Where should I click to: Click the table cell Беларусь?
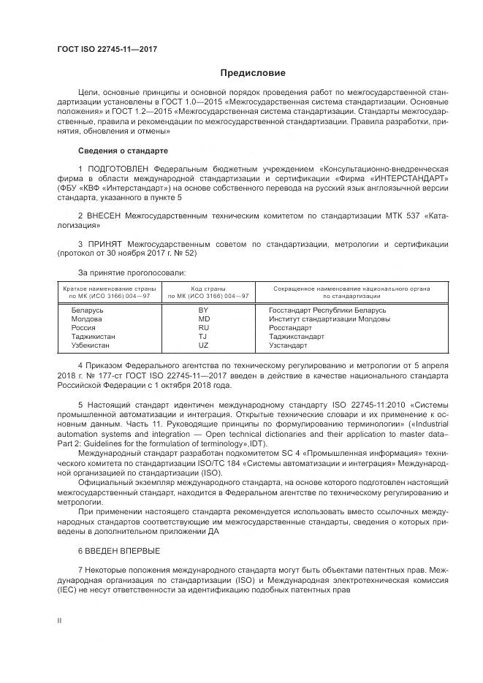(x=87, y=310)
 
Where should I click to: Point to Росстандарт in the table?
(x=290, y=328)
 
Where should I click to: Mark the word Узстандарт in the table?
(x=289, y=346)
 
